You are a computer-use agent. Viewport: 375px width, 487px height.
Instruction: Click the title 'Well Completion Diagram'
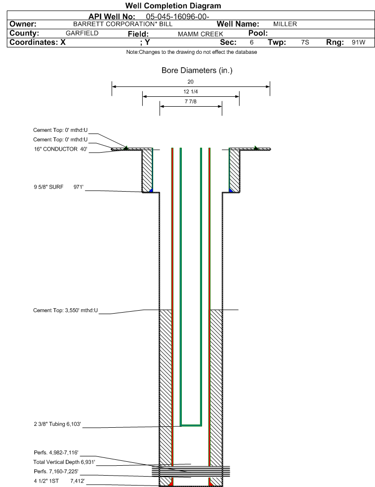[x=173, y=6]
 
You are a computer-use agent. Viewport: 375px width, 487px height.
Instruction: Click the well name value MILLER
[x=285, y=24]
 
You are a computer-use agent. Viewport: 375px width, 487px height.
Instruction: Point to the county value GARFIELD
[x=82, y=33]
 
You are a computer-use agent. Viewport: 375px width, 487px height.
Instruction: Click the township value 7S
[x=305, y=42]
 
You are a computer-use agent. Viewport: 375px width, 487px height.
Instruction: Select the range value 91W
[x=358, y=42]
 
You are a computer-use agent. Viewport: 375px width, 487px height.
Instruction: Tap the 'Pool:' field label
[x=254, y=33]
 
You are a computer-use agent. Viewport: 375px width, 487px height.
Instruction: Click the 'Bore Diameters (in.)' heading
[x=197, y=71]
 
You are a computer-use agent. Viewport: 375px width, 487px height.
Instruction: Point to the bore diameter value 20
[x=191, y=82]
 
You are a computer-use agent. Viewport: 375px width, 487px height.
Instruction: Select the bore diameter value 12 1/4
[x=191, y=92]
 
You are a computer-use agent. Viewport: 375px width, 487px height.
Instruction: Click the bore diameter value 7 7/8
[x=191, y=102]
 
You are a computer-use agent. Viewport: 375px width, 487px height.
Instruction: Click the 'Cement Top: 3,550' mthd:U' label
[x=66, y=310]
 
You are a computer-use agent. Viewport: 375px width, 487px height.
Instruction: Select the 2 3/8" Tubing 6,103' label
[x=57, y=424]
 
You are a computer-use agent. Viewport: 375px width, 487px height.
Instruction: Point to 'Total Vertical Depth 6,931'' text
[x=61, y=461]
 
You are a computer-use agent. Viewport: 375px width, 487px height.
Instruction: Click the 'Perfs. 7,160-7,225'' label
[x=56, y=471]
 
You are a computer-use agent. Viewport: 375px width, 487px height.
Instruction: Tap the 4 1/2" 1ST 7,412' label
[x=56, y=480]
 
